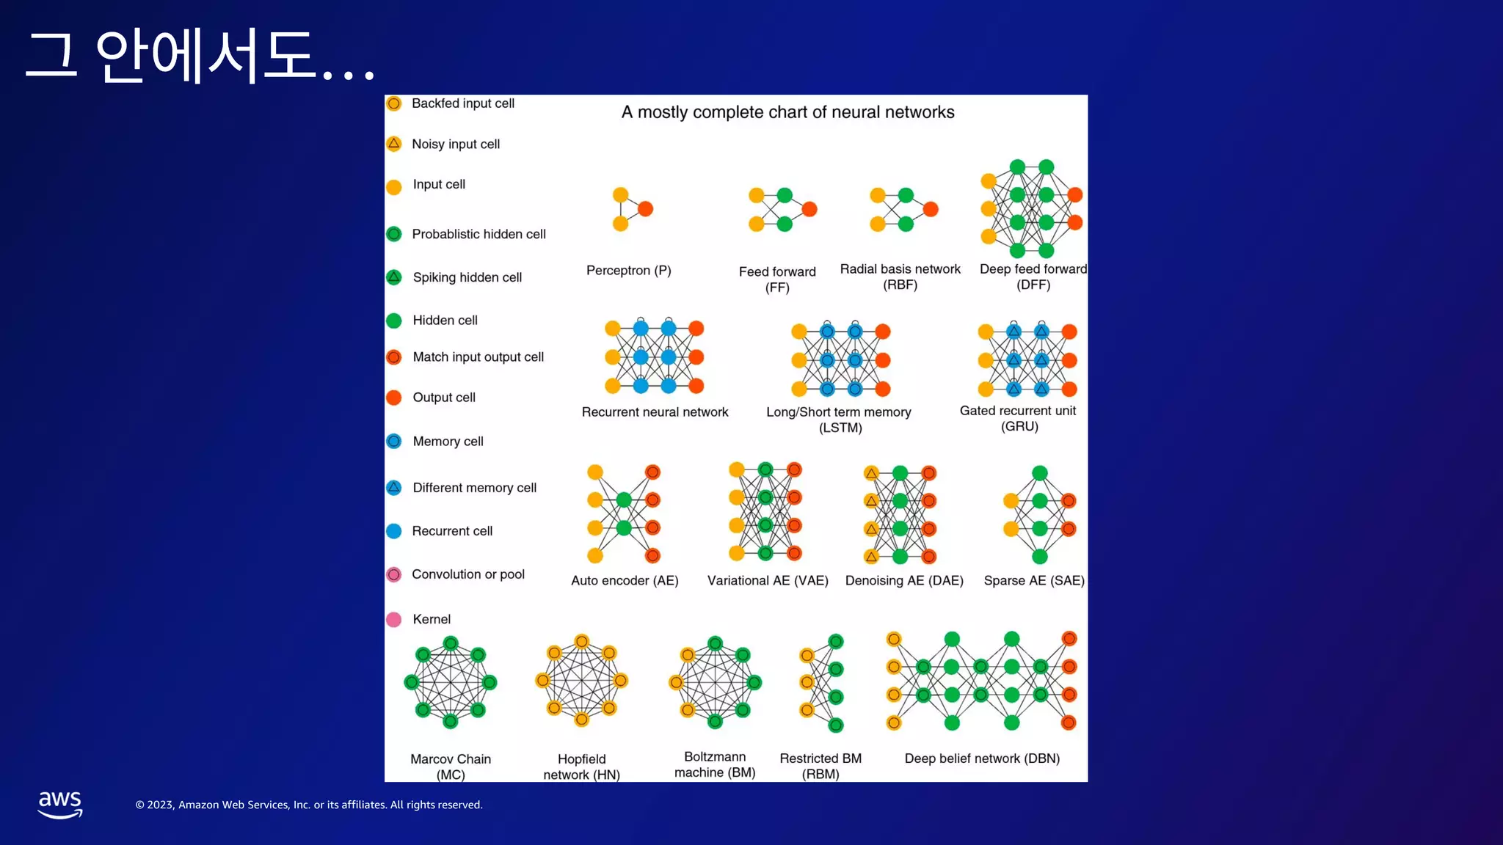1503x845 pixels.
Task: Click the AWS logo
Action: click(x=60, y=804)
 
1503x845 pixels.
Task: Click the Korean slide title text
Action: click(x=200, y=56)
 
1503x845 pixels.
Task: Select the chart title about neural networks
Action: click(x=787, y=112)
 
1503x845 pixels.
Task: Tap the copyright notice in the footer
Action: click(x=309, y=805)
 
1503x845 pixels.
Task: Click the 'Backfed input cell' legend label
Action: click(x=462, y=103)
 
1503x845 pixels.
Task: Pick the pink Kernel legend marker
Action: click(x=394, y=620)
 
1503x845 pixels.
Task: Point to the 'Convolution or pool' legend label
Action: click(x=467, y=574)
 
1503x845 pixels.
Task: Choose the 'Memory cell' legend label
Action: click(x=448, y=442)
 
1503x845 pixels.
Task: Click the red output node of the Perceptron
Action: click(x=646, y=209)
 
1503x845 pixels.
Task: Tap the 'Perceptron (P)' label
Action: click(x=628, y=271)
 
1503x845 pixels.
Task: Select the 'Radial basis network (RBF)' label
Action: click(x=900, y=277)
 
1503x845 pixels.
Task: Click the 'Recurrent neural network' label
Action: click(x=655, y=412)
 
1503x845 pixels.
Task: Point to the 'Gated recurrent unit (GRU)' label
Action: click(x=1018, y=418)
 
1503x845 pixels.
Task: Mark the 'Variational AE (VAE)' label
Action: click(x=768, y=581)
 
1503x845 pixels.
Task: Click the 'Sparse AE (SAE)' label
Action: click(x=1033, y=581)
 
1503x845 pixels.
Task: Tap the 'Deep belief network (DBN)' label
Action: click(x=982, y=758)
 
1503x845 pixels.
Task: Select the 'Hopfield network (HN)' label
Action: click(x=581, y=767)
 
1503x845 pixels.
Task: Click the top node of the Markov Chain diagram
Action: click(x=451, y=643)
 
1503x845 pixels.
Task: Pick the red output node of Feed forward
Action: click(x=809, y=210)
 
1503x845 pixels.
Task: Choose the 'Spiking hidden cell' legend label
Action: click(x=467, y=277)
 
